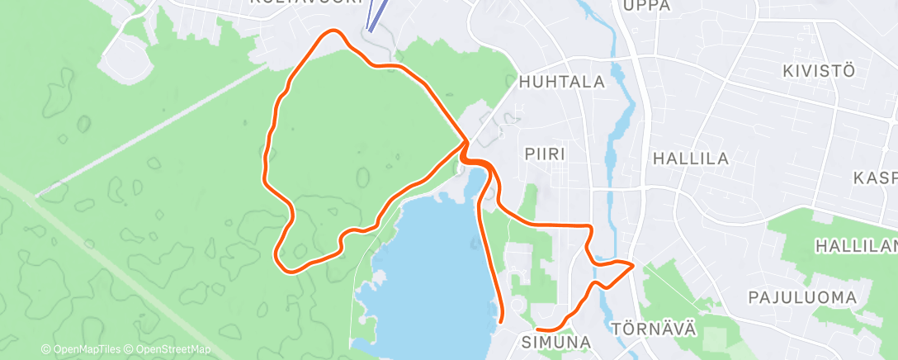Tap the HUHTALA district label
click(x=562, y=83)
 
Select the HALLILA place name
click(x=690, y=159)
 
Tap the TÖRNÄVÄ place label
click(x=655, y=329)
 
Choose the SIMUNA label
click(x=555, y=342)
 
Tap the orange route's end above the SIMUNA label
click(x=538, y=329)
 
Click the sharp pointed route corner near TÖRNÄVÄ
click(x=632, y=265)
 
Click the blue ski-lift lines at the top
click(x=376, y=15)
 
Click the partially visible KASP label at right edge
click(x=876, y=178)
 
